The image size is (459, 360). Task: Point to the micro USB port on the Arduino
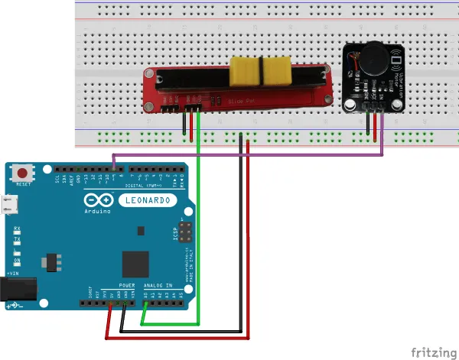coord(11,205)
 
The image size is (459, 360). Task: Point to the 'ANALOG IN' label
coord(158,284)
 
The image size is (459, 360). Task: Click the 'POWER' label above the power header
coord(126,284)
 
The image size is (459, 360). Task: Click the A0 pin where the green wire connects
coord(145,303)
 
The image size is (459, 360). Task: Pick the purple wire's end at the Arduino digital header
coord(113,169)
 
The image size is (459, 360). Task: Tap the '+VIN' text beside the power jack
coord(13,273)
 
